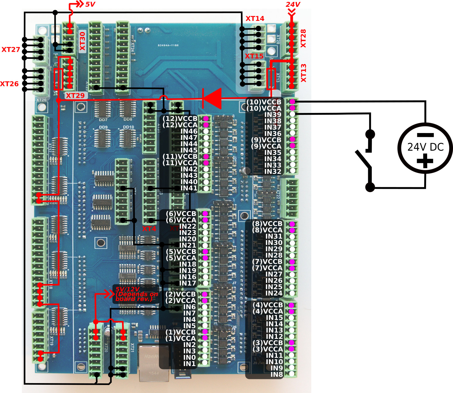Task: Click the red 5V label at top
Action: click(90, 4)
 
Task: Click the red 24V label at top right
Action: click(293, 4)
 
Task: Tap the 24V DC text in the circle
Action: click(425, 147)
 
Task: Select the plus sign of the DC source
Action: click(425, 161)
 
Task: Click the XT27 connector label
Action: click(11, 49)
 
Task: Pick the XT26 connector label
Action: click(9, 84)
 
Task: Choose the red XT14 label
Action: click(255, 18)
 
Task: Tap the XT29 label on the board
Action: click(75, 96)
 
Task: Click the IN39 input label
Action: click(273, 115)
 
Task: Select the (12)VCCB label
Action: click(180, 118)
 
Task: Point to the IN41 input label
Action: click(189, 188)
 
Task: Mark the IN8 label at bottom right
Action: click(276, 374)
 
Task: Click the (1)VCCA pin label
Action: click(180, 338)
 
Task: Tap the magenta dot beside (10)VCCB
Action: click(293, 102)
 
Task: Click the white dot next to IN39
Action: click(293, 114)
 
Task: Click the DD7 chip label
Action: click(103, 120)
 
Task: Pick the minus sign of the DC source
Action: click(425, 135)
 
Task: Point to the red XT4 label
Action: click(149, 229)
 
